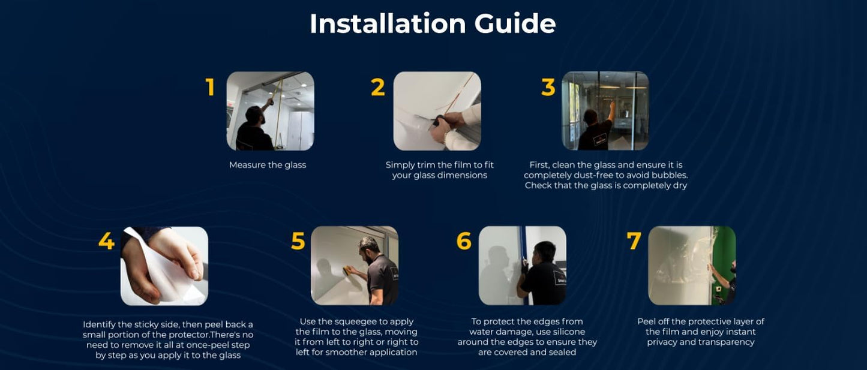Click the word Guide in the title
point(515,23)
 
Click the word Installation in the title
point(388,23)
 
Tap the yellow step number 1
point(210,87)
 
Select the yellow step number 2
point(378,87)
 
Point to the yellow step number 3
point(548,87)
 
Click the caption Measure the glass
point(268,165)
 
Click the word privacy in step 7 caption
point(662,342)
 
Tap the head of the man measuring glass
point(255,115)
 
